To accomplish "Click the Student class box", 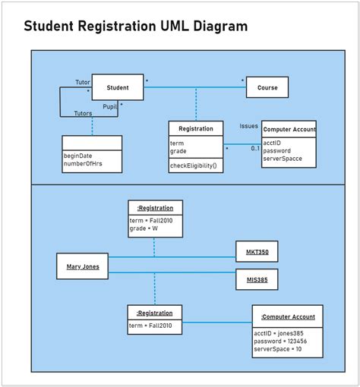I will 118,87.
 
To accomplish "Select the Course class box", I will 267,87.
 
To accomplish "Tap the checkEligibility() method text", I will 193,165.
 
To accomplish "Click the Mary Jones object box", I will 83,266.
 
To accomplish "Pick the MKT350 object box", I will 257,252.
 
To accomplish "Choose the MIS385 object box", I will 257,280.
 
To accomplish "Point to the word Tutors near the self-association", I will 84,113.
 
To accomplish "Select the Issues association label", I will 249,126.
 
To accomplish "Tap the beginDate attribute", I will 77,155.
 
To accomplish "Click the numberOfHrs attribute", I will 82,162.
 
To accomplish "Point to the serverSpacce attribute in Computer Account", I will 283,158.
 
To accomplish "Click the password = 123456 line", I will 280,341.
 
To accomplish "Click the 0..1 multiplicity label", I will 255,148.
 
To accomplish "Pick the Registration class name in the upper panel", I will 196,129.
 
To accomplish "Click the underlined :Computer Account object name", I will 287,317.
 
